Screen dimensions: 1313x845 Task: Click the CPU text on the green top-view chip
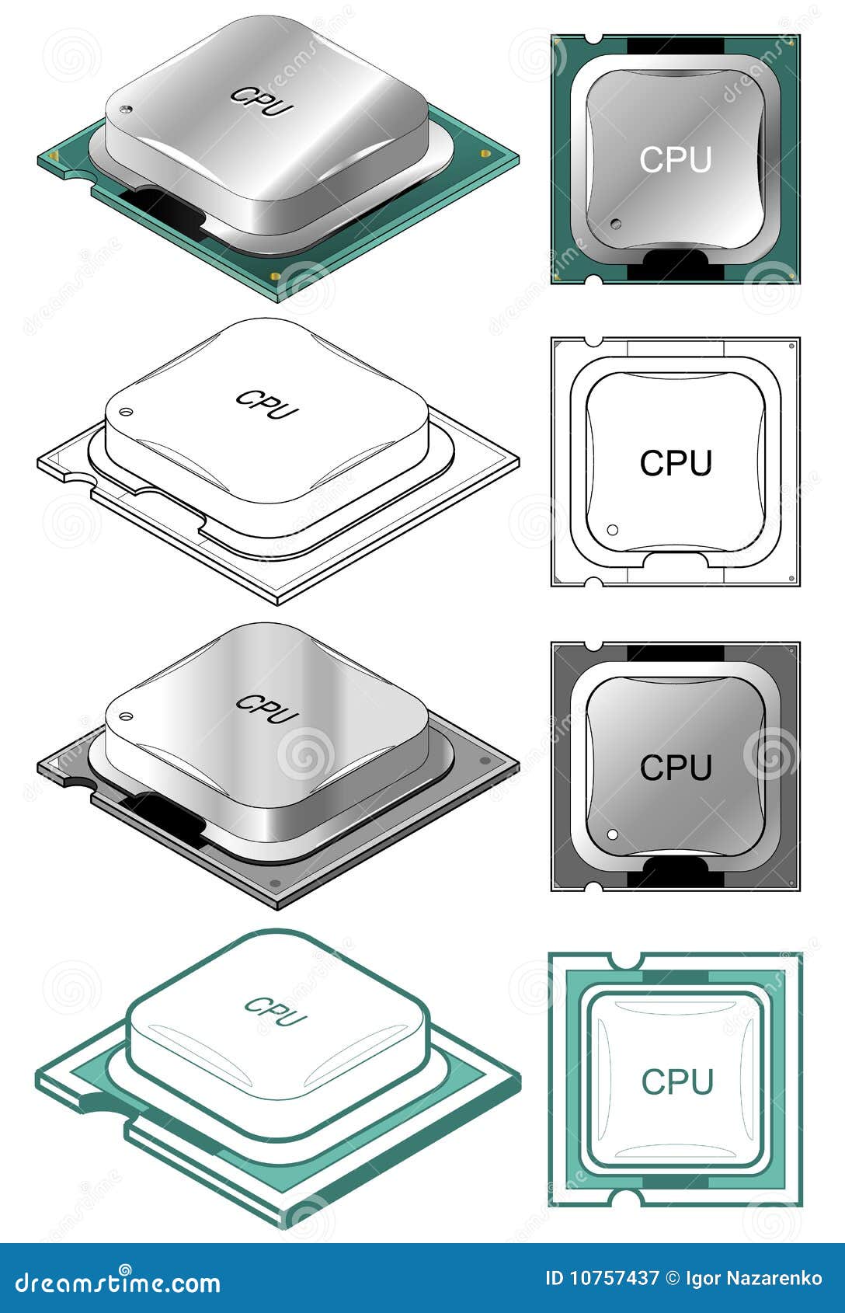(x=675, y=160)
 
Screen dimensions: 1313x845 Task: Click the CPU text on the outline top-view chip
(x=675, y=464)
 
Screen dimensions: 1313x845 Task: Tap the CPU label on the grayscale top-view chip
(x=675, y=768)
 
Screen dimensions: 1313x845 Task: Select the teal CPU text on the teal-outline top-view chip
(x=676, y=1081)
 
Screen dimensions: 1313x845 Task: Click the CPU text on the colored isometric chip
(x=262, y=101)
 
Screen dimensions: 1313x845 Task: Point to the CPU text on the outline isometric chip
(x=266, y=404)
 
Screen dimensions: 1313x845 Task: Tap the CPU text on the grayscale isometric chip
(x=266, y=708)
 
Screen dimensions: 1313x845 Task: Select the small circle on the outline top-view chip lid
(x=612, y=530)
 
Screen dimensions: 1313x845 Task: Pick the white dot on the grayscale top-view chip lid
(x=612, y=834)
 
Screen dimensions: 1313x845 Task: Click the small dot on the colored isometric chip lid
(x=127, y=109)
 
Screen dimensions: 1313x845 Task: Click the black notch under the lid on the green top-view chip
(x=674, y=266)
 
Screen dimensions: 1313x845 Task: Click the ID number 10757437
(x=613, y=1278)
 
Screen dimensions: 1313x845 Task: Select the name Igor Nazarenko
(x=753, y=1278)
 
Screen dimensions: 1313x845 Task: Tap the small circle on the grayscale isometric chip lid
(x=127, y=716)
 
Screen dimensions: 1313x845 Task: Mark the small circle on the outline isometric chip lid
(x=127, y=412)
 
